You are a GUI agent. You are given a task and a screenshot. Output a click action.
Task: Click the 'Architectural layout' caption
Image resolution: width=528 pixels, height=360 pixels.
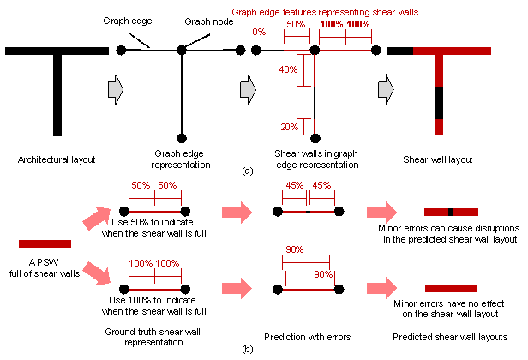(56, 159)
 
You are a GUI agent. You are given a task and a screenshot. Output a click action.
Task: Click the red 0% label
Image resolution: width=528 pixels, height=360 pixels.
(258, 32)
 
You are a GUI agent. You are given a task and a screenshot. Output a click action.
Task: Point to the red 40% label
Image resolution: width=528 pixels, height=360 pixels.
(287, 69)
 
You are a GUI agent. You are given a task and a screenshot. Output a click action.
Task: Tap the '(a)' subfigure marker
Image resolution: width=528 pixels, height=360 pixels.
(248, 171)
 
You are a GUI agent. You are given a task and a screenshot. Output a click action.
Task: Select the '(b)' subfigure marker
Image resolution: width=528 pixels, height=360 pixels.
(248, 350)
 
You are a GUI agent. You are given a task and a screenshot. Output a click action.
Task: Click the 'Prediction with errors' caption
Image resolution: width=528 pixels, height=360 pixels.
(307, 336)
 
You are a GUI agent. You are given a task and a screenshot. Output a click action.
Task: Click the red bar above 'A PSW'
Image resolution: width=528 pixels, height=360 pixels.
(45, 243)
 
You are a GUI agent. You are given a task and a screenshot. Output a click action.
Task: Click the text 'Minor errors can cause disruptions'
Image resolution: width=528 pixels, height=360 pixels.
(447, 229)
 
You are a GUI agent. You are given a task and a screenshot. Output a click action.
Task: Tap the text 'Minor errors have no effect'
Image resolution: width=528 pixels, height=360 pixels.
(447, 304)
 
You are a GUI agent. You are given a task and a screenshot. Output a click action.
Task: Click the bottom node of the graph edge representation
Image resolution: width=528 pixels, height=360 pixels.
(182, 135)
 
